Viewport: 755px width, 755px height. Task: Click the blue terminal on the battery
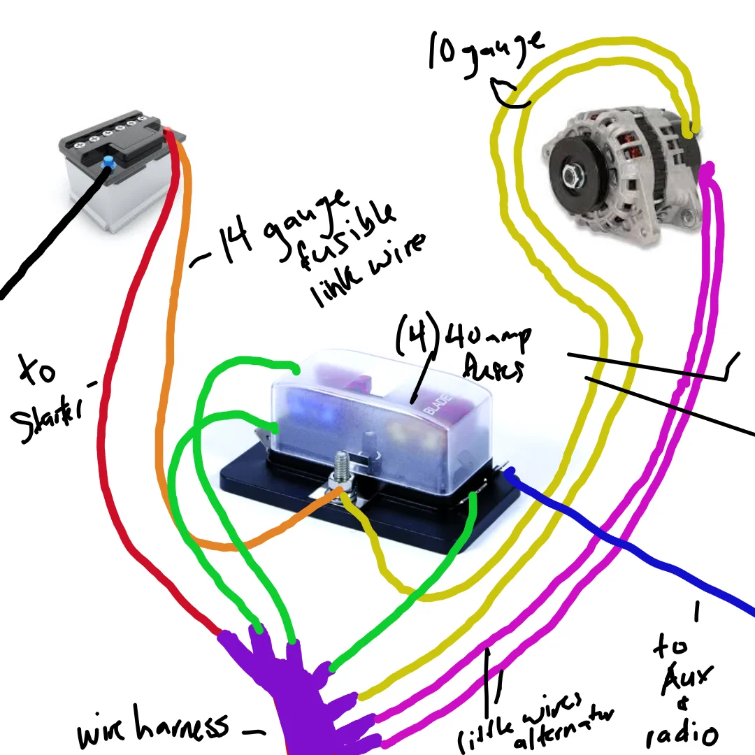108,163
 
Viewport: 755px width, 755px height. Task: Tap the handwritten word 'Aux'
689,677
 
